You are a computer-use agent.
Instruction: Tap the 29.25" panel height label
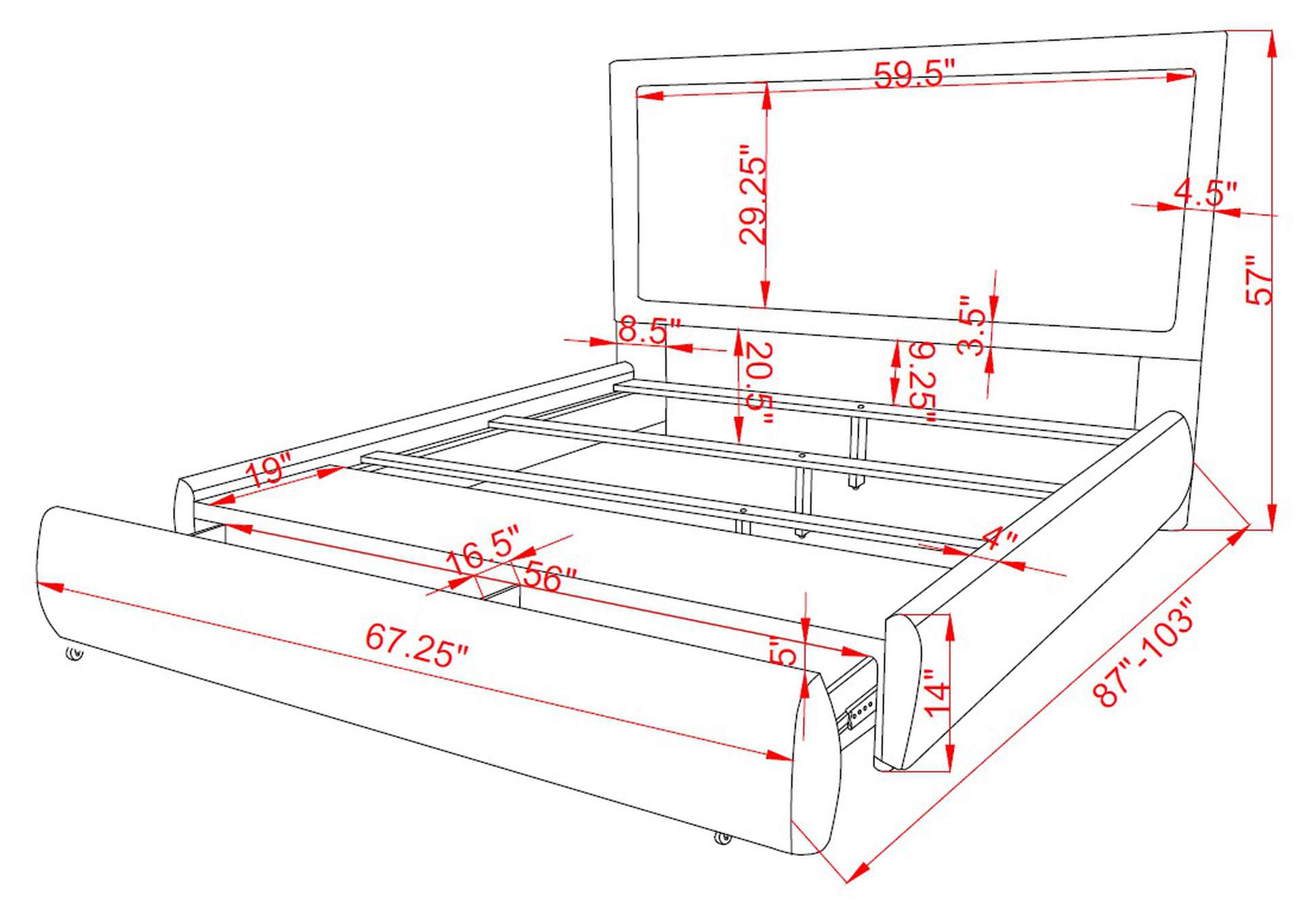[753, 194]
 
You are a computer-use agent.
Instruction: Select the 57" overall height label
[1260, 279]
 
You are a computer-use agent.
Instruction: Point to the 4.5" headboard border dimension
[1205, 193]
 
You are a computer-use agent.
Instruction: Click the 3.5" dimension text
[970, 325]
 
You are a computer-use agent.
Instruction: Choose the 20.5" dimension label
[759, 383]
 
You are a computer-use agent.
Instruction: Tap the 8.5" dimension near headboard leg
[648, 330]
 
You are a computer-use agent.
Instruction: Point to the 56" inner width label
[550, 577]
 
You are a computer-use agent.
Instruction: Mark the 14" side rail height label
[938, 692]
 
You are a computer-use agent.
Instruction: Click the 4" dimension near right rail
[999, 538]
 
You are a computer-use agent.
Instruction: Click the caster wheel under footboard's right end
[723, 838]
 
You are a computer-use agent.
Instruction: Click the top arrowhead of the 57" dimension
[1272, 43]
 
